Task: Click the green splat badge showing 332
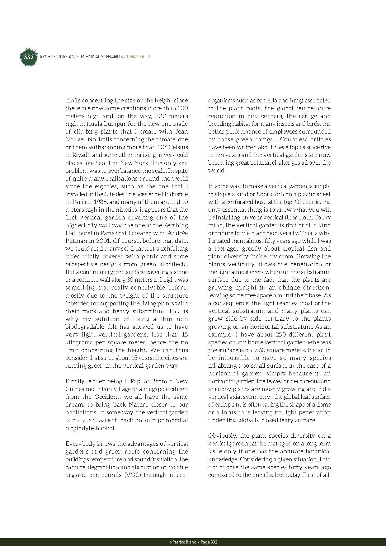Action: click(x=28, y=57)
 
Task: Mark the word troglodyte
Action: click(x=79, y=428)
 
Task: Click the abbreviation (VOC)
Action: click(x=128, y=475)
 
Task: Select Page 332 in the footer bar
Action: click(x=209, y=542)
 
